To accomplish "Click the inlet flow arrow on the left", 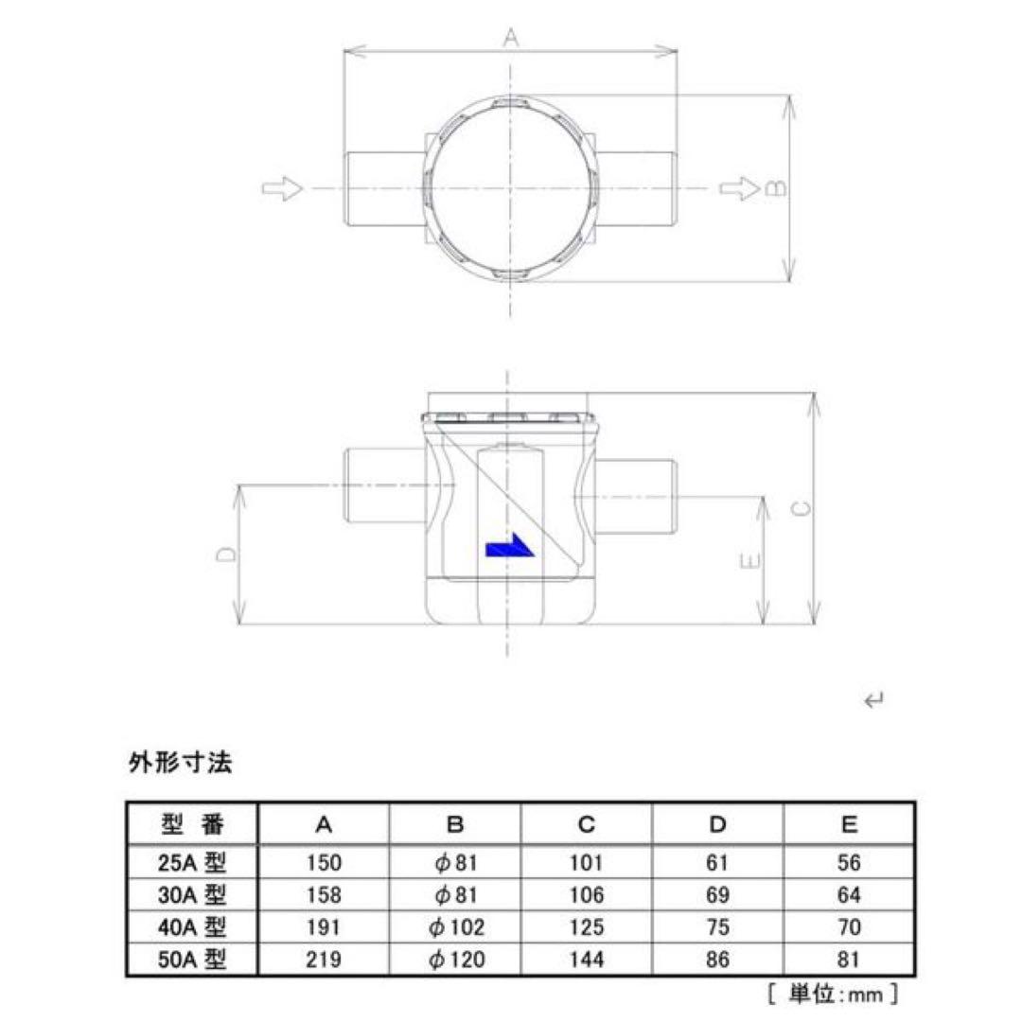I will coord(282,188).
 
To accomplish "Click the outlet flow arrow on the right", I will coord(738,188).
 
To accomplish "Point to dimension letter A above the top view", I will coord(511,39).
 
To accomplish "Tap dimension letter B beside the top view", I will coord(776,188).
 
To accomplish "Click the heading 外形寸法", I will coord(180,763).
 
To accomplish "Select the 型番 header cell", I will coord(192,824).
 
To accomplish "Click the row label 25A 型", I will coord(192,862).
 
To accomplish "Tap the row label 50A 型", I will coord(192,960).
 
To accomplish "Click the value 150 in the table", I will coord(324,862).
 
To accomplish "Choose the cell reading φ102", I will coord(456,927).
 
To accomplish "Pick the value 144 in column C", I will coord(587,960).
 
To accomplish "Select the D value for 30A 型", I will coord(717,894).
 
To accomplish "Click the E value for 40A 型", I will coord(848,927).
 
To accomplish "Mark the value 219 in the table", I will coord(324,960).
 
